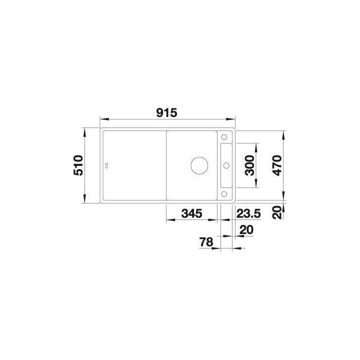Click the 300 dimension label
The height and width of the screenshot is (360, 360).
point(250,165)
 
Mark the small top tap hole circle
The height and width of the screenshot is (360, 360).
point(224,136)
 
